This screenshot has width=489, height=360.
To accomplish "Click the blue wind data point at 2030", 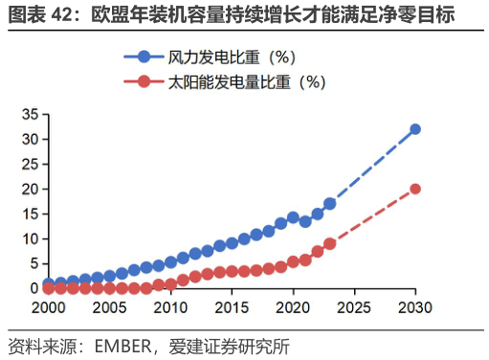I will pyautogui.click(x=415, y=129).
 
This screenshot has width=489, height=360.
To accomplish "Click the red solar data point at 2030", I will pyautogui.click(x=415, y=189).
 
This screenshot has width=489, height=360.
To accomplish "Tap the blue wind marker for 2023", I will pyautogui.click(x=330, y=204).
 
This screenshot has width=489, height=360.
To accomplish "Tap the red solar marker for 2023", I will pyautogui.click(x=330, y=243).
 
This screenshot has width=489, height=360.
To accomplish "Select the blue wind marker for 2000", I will pyautogui.click(x=48, y=283).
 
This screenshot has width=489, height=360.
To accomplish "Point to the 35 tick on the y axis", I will pyautogui.click(x=29, y=115).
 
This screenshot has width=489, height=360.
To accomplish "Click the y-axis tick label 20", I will pyautogui.click(x=29, y=189).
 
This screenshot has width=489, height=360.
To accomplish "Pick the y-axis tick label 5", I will pyautogui.click(x=33, y=263).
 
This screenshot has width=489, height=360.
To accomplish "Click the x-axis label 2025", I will pyautogui.click(x=354, y=308).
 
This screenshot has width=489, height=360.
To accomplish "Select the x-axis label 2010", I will pyautogui.click(x=170, y=308).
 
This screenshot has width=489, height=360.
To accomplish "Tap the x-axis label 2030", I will pyautogui.click(x=415, y=308).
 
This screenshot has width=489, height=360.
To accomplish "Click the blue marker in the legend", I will pyautogui.click(x=144, y=57).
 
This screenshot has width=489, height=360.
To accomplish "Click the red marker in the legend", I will pyautogui.click(x=144, y=81).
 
